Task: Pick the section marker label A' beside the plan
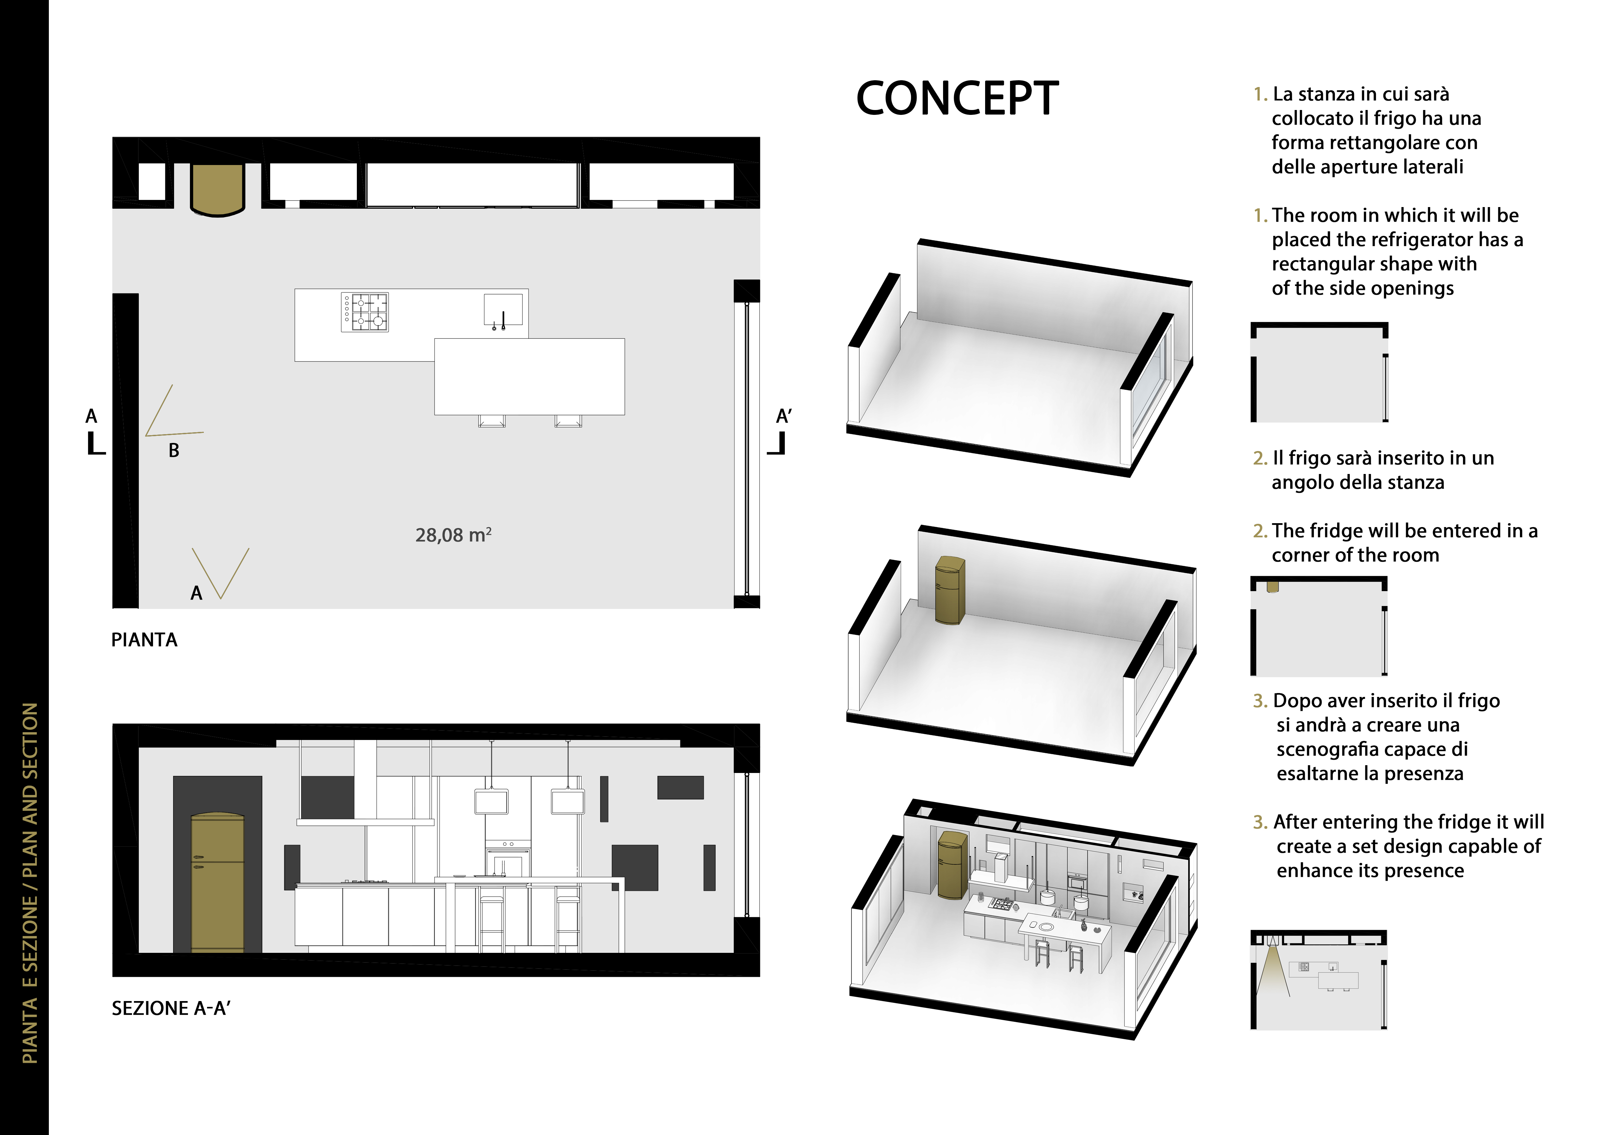point(784,416)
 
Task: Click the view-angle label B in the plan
point(174,451)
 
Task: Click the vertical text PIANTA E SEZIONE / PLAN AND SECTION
point(30,883)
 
